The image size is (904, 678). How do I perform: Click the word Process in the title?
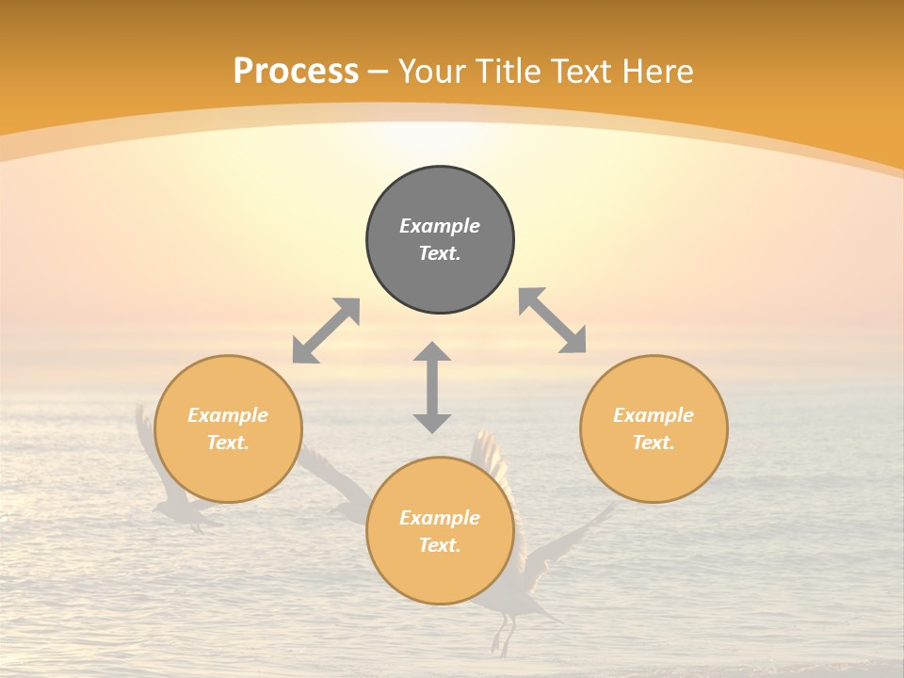pyautogui.click(x=296, y=72)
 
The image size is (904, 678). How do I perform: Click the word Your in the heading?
pyautogui.click(x=433, y=72)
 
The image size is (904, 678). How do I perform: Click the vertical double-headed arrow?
pyautogui.click(x=432, y=387)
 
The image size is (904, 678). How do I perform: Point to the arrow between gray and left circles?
pyautogui.click(x=326, y=331)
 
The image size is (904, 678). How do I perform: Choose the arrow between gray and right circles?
pyautogui.click(x=553, y=320)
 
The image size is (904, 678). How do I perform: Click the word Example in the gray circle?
pyautogui.click(x=440, y=226)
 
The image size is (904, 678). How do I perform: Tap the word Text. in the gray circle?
pyautogui.click(x=440, y=253)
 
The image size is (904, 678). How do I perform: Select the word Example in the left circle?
pyautogui.click(x=228, y=415)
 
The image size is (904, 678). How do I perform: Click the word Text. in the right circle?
pyautogui.click(x=654, y=443)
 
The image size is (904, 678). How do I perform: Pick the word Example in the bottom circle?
pyautogui.click(x=440, y=518)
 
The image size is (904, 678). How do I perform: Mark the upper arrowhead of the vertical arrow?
pyautogui.click(x=432, y=352)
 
